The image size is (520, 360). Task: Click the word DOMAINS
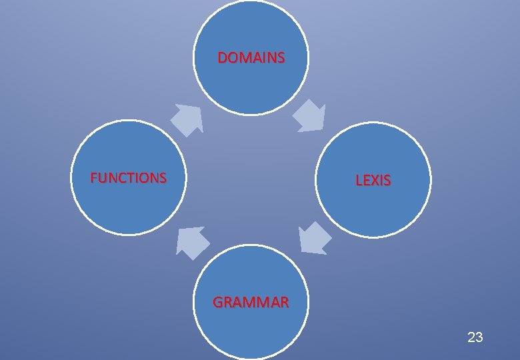pyautogui.click(x=251, y=58)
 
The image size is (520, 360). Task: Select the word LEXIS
pyautogui.click(x=373, y=180)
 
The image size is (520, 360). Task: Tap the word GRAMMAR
pyautogui.click(x=251, y=302)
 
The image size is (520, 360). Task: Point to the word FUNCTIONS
pyautogui.click(x=129, y=178)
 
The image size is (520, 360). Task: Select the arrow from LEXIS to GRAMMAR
pyautogui.click(x=313, y=239)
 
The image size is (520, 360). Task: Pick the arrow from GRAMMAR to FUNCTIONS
pyautogui.click(x=191, y=241)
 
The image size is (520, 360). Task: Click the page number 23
pyautogui.click(x=475, y=337)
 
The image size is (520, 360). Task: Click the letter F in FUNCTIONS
pyautogui.click(x=94, y=178)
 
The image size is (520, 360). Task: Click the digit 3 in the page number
pyautogui.click(x=479, y=337)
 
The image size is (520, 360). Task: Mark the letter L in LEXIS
pyautogui.click(x=359, y=180)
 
